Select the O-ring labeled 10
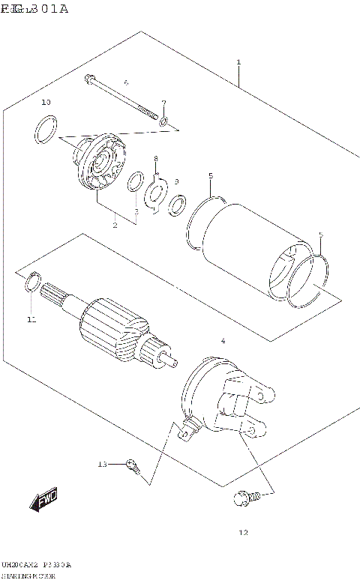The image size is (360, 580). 46,129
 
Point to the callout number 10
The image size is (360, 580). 46,102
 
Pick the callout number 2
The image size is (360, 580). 115,225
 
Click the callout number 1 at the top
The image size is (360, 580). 238,61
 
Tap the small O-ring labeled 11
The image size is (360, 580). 33,283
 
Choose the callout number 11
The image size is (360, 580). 31,320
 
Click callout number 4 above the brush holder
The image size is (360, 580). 222,342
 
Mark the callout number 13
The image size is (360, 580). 103,465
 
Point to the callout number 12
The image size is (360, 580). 242,534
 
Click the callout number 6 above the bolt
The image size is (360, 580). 126,82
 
